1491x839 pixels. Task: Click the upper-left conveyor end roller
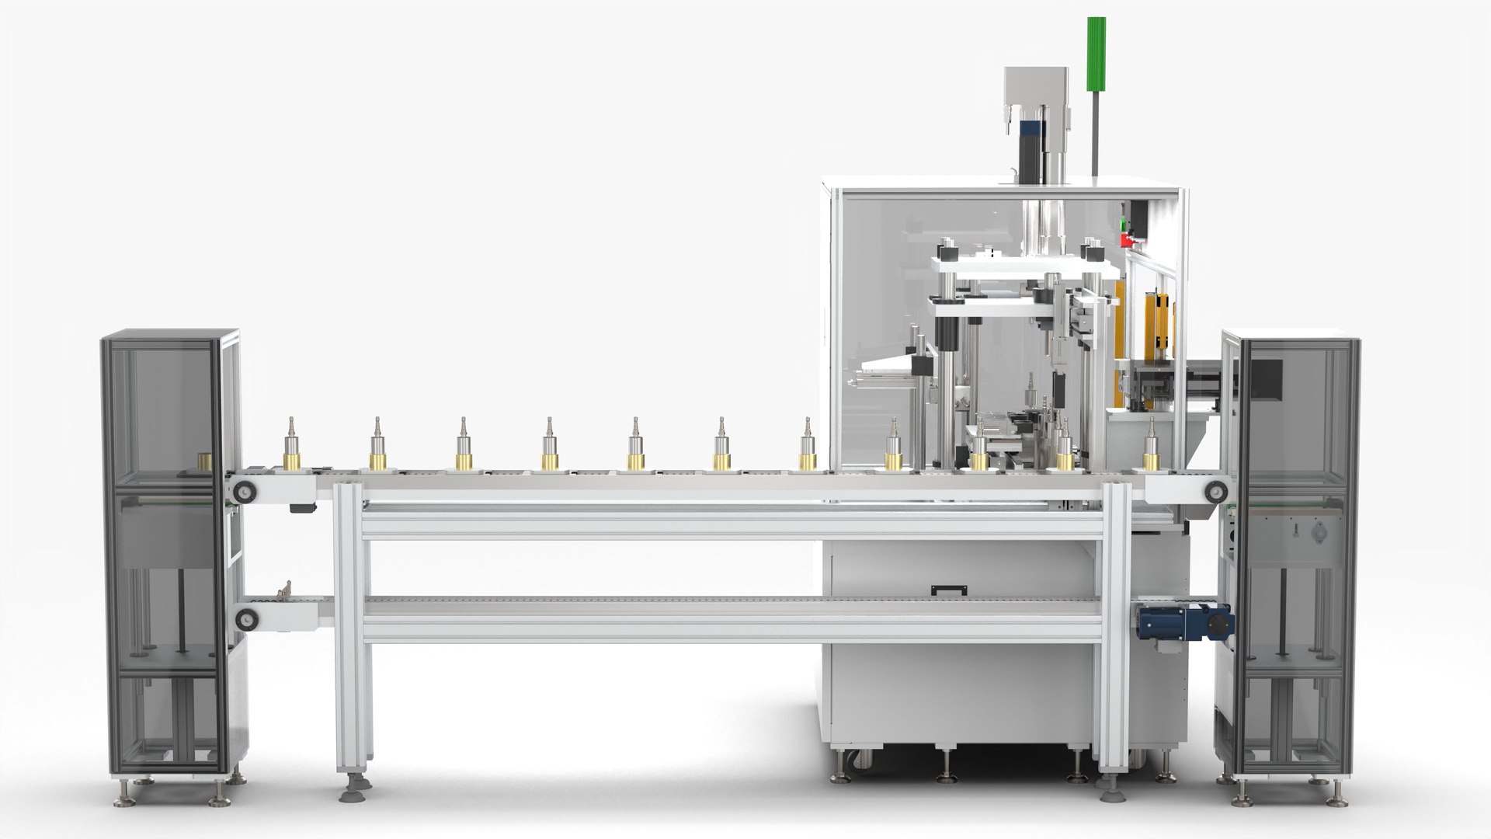pos(247,490)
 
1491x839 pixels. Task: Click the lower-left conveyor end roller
pos(247,619)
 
